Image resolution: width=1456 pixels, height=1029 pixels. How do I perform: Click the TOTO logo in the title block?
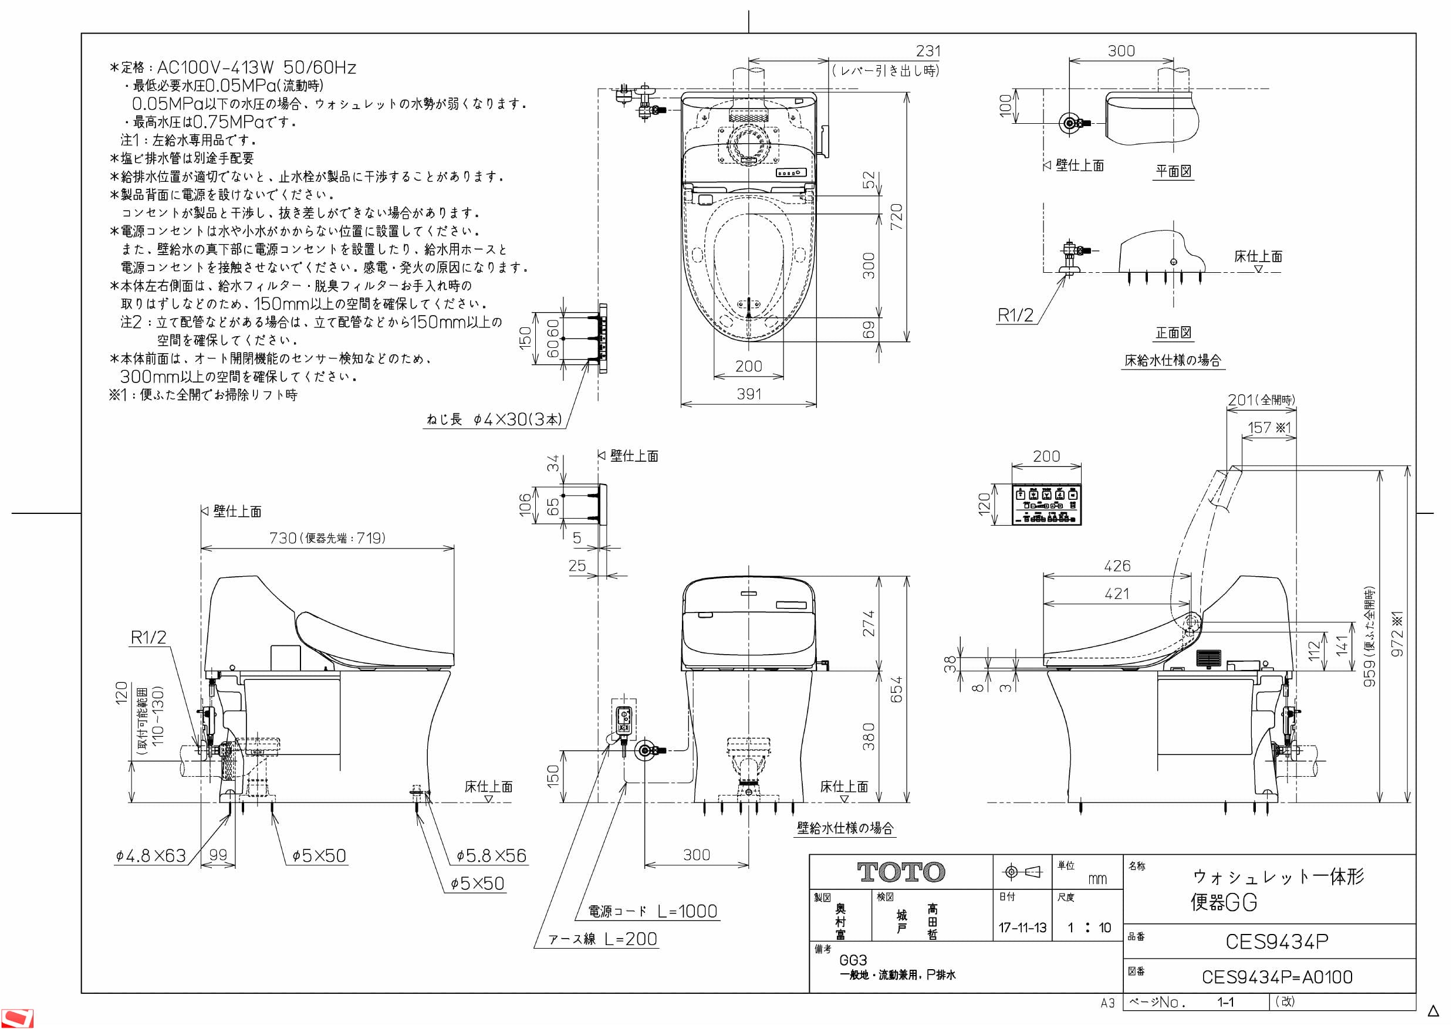click(x=900, y=872)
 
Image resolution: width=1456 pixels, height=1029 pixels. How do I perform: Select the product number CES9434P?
click(x=1276, y=942)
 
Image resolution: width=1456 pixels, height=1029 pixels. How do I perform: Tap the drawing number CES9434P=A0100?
click(x=1276, y=977)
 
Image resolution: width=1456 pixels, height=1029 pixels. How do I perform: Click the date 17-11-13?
click(x=1022, y=928)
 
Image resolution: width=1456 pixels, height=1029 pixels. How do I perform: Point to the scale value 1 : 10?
click(x=1089, y=928)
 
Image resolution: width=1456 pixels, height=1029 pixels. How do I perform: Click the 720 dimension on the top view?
click(x=896, y=217)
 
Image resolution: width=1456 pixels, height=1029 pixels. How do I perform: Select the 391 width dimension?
click(x=749, y=394)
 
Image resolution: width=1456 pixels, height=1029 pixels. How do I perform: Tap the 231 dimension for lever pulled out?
click(x=928, y=50)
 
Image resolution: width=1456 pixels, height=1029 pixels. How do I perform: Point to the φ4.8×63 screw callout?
click(x=151, y=856)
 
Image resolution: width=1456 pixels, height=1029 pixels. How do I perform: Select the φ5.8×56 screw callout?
click(x=491, y=856)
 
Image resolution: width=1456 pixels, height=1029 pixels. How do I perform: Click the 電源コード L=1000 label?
click(x=653, y=911)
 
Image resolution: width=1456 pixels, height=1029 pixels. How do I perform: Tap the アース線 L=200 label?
click(x=603, y=939)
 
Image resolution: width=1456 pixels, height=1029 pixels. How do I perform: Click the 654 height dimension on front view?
click(x=896, y=689)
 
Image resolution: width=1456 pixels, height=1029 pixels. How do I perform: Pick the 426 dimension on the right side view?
click(x=1117, y=566)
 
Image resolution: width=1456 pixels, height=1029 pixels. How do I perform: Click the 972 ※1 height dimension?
click(x=1398, y=634)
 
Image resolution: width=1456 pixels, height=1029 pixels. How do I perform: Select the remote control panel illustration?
click(x=1046, y=505)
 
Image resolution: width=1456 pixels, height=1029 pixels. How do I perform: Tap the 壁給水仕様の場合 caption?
click(x=844, y=827)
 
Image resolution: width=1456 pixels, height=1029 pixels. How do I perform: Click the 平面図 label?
click(x=1173, y=171)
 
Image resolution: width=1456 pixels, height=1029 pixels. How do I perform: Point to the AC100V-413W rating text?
click(x=256, y=67)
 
